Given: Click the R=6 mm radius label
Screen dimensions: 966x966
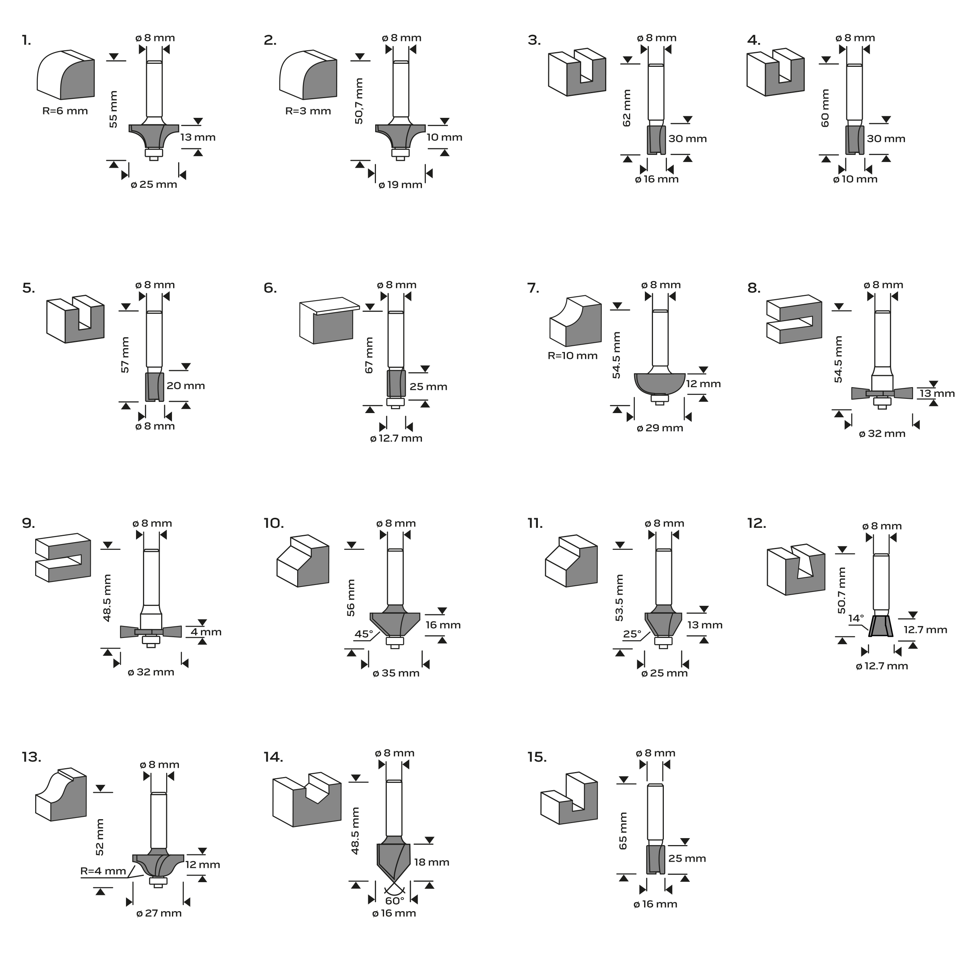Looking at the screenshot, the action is point(65,111).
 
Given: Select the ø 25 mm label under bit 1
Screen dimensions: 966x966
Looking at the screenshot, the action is point(154,184).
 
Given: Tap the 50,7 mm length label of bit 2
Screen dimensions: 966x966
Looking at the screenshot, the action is point(359,101).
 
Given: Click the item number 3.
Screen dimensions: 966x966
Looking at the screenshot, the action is point(534,40).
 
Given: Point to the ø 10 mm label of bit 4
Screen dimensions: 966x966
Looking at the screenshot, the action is point(855,179).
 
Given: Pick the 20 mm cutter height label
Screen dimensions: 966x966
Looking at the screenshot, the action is point(186,386).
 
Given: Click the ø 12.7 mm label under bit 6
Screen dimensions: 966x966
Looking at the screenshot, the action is point(396,439).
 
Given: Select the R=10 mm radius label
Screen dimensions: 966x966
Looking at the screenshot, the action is point(573,356).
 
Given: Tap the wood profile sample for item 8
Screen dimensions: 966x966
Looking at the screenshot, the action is point(794,319).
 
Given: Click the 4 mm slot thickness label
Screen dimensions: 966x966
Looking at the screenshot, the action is point(206,632).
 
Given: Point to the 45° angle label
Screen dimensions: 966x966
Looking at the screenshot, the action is point(364,634).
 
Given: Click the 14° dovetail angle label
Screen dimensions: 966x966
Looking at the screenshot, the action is point(856,619).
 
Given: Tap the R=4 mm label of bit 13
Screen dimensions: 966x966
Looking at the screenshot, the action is point(103,871).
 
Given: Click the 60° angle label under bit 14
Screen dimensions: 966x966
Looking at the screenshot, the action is point(395,900).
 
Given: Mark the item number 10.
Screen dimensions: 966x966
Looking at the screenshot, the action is point(274,523).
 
